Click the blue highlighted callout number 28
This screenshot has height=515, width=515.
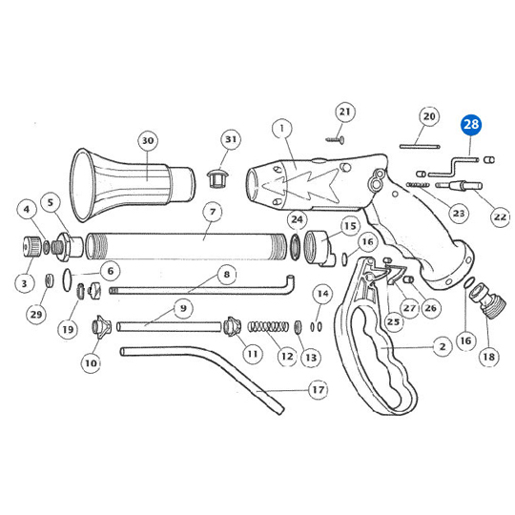click(471, 125)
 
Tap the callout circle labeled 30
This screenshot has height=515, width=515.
click(148, 140)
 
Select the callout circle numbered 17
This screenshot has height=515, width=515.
click(318, 390)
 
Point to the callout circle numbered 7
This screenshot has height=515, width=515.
click(213, 212)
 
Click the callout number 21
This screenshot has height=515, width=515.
click(345, 112)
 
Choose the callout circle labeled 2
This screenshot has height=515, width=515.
click(443, 346)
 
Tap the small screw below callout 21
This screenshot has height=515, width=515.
click(336, 140)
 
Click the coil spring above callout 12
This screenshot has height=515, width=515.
click(268, 327)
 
